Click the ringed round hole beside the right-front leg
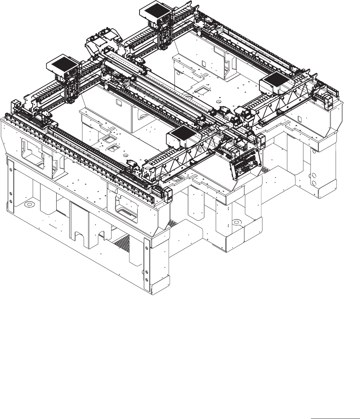236,222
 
